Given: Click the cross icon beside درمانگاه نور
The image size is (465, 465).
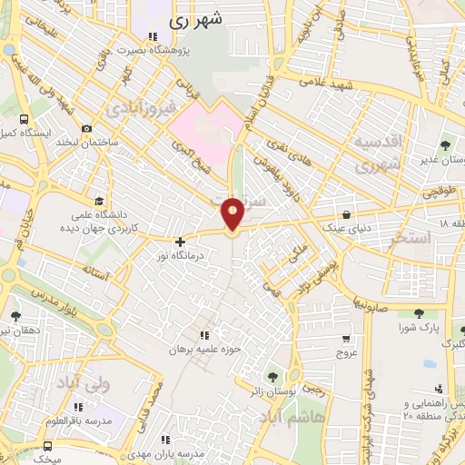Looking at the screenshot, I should coord(180,242).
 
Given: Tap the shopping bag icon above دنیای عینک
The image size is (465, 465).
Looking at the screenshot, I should coord(348,215).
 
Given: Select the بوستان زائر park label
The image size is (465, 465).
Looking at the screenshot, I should coord(272,392).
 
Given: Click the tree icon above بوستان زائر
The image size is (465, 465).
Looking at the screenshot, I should coord(272,377).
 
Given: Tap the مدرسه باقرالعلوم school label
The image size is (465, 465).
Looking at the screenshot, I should coord(81,420).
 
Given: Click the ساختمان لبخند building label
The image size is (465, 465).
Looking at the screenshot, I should coord(87,143).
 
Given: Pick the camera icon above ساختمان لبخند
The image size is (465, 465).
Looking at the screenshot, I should coord(86,129).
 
